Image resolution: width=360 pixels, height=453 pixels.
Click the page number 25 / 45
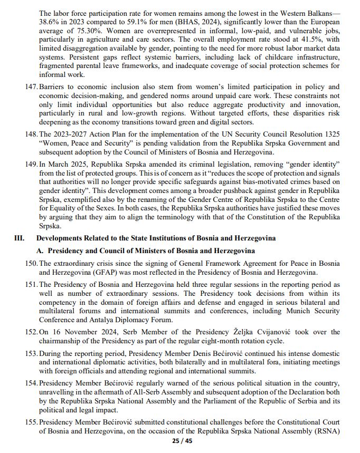pyautogui.click(x=182, y=441)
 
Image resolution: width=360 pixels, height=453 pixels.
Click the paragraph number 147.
pyautogui.click(x=31, y=86)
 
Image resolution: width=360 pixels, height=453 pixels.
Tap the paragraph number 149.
pyautogui.click(x=31, y=165)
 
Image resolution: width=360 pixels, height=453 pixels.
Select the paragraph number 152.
pyautogui.click(x=31, y=332)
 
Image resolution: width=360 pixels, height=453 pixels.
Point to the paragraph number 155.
pyautogui.click(x=31, y=422)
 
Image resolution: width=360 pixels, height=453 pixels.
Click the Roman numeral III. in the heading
pyautogui.click(x=20, y=238)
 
